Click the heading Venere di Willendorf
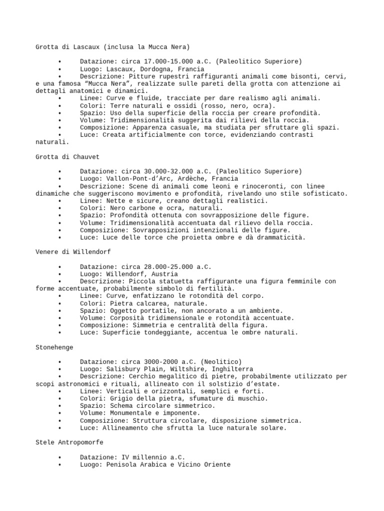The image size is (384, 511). point(73,252)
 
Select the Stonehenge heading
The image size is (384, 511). point(54,347)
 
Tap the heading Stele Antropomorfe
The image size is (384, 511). point(69,442)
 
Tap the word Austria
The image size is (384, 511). point(164,274)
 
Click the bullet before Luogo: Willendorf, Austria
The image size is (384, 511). point(59,274)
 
